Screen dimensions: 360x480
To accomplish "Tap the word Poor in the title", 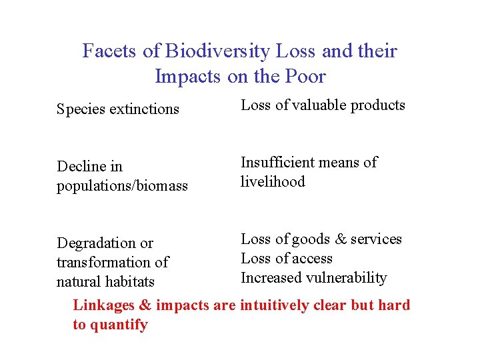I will pos(305,77).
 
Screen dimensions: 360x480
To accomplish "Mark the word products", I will pos(377,105).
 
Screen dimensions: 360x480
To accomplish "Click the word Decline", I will pos(81,166).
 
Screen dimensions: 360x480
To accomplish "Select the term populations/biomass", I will pos(122,186).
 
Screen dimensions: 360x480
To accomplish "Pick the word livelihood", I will pos(273,181).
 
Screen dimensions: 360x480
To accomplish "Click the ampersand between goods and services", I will pos(344,239).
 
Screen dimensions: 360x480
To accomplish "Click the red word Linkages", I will pos(103,306).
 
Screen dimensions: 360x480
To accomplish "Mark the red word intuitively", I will pos(275,306).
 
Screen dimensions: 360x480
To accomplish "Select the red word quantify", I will pos(119,325).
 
